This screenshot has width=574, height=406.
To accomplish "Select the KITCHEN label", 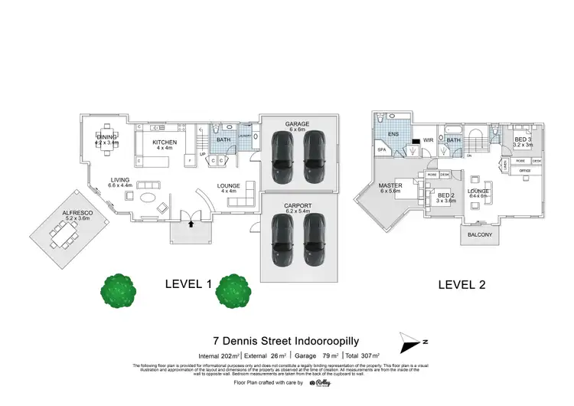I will click(164, 142).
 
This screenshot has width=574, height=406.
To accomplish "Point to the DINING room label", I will click(106, 137).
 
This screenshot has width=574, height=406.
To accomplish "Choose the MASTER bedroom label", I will click(390, 186).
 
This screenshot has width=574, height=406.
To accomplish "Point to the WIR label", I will click(429, 140).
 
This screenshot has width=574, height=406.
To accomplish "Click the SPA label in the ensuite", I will click(382, 150).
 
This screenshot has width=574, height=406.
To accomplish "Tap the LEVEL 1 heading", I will click(188, 283).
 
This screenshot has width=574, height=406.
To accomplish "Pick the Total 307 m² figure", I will click(366, 355).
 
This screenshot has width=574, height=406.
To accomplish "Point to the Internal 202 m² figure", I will click(220, 355).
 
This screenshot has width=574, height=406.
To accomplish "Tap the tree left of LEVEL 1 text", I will click(119, 290).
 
